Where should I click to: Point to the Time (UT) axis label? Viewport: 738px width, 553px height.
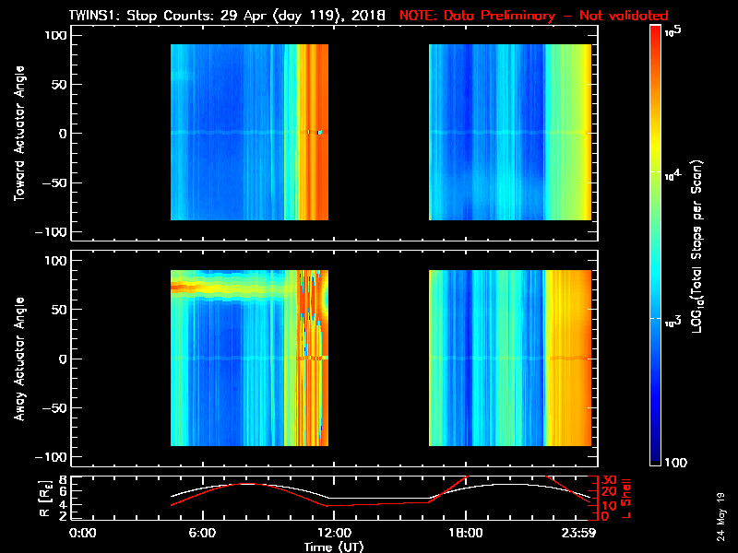336,547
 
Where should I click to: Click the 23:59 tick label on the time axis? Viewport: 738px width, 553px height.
580,533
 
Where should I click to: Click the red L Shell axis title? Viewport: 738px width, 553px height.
627,498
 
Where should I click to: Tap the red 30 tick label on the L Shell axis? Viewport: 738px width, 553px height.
607,480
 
